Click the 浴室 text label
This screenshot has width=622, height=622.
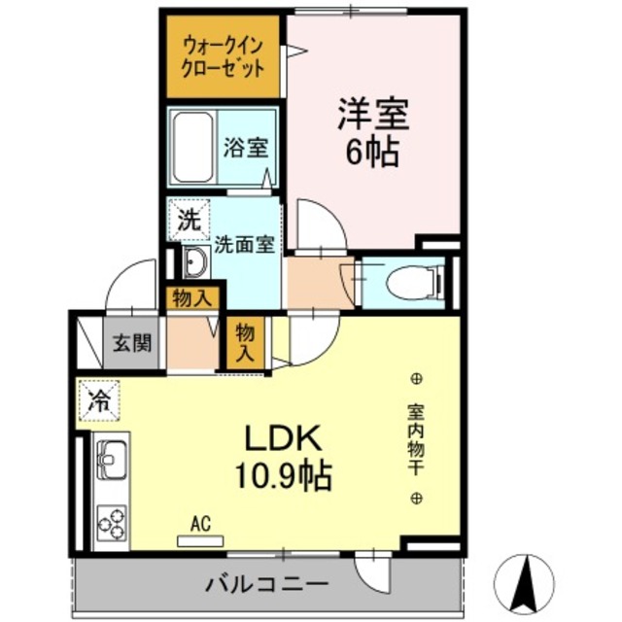pos(246,148)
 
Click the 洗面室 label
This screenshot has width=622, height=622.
pos(244,245)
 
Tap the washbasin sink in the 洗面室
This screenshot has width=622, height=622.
pos(193,261)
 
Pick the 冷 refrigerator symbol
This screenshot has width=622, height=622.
pos(100,398)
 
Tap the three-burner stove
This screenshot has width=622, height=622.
pos(112,523)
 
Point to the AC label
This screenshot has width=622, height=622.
pos(200,525)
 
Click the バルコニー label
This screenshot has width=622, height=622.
pos(266,585)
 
